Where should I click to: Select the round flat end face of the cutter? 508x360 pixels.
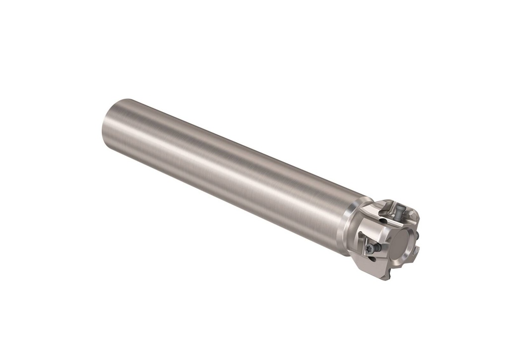click(401, 245)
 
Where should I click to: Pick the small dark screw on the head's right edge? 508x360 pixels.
click(417, 234)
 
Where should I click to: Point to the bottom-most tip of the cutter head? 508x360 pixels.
click(383, 279)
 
